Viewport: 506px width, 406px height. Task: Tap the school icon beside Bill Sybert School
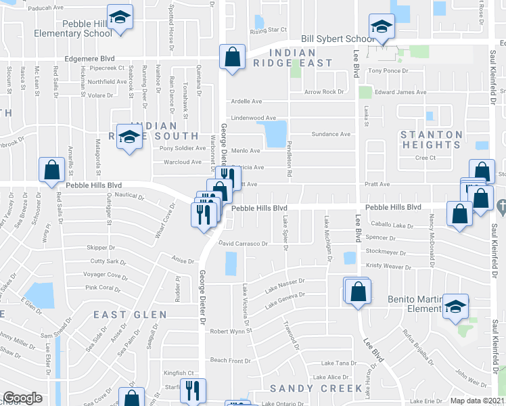pyautogui.click(x=381, y=27)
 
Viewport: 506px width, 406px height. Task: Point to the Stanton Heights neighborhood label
pyautogui.click(x=431, y=139)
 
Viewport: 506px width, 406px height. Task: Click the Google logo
pyautogui.click(x=22, y=398)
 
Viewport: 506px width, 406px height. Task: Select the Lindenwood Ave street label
pyautogui.click(x=254, y=118)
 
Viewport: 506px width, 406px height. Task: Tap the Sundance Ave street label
pyautogui.click(x=331, y=134)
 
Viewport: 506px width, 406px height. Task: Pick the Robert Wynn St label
pyautogui.click(x=230, y=332)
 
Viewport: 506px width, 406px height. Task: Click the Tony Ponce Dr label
pyautogui.click(x=388, y=70)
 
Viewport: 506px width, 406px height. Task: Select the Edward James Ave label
pyautogui.click(x=401, y=92)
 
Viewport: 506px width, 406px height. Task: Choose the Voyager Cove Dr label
pyautogui.click(x=105, y=276)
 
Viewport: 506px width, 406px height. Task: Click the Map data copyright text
pyautogui.click(x=478, y=401)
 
